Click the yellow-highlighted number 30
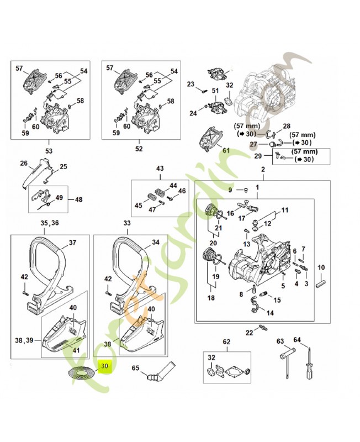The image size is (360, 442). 105,365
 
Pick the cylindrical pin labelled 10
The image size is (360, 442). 321,282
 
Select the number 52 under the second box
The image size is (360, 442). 139,149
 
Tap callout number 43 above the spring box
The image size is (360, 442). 160,168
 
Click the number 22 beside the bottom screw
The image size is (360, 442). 249,331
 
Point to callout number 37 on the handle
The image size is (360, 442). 72,242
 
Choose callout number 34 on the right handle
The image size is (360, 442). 155,242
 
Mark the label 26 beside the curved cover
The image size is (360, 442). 24,163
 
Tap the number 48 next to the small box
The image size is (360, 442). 78,199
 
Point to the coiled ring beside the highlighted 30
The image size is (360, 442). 78,373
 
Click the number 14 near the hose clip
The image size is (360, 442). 270,313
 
